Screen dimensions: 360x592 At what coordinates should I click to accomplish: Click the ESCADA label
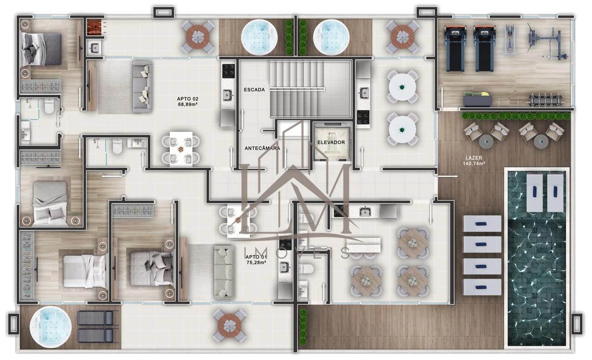pos(254,90)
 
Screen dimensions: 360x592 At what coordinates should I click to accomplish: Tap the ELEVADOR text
pos(331,143)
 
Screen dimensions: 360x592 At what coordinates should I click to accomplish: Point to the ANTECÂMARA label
pos(262,148)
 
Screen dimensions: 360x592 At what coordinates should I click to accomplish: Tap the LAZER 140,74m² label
pos(474,161)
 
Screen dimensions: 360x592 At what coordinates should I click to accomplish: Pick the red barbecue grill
pos(94,28)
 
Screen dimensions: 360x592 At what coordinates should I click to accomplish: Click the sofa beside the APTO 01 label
pos(224,272)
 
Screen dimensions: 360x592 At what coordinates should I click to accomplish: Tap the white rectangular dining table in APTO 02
pos(181,148)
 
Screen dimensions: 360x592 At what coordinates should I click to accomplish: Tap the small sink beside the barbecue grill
pos(94,48)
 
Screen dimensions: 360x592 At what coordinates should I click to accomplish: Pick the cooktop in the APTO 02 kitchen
pos(228,71)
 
